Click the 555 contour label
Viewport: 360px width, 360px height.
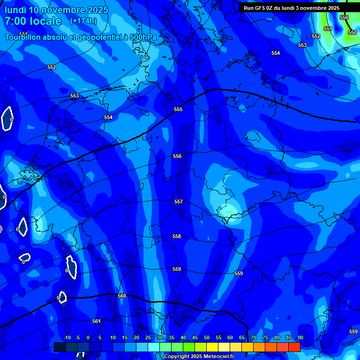click(178, 109)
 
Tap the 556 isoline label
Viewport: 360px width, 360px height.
click(177, 156)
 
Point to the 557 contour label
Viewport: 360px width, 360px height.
click(179, 202)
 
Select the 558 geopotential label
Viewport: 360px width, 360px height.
click(177, 237)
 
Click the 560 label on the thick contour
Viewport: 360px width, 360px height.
click(122, 296)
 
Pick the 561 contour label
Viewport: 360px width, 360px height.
click(97, 321)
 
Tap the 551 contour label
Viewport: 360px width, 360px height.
click(328, 29)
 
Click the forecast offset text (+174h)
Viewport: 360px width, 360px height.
click(83, 21)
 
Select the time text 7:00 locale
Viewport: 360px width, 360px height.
click(33, 21)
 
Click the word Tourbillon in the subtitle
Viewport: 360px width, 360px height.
click(23, 37)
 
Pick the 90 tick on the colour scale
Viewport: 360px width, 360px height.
click(300, 337)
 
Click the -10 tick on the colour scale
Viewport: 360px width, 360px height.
click(67, 337)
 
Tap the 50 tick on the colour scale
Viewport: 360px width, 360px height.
click(207, 337)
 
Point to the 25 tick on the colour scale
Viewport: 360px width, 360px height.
click(148, 337)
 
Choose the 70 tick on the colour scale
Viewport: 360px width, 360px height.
click(254, 337)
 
